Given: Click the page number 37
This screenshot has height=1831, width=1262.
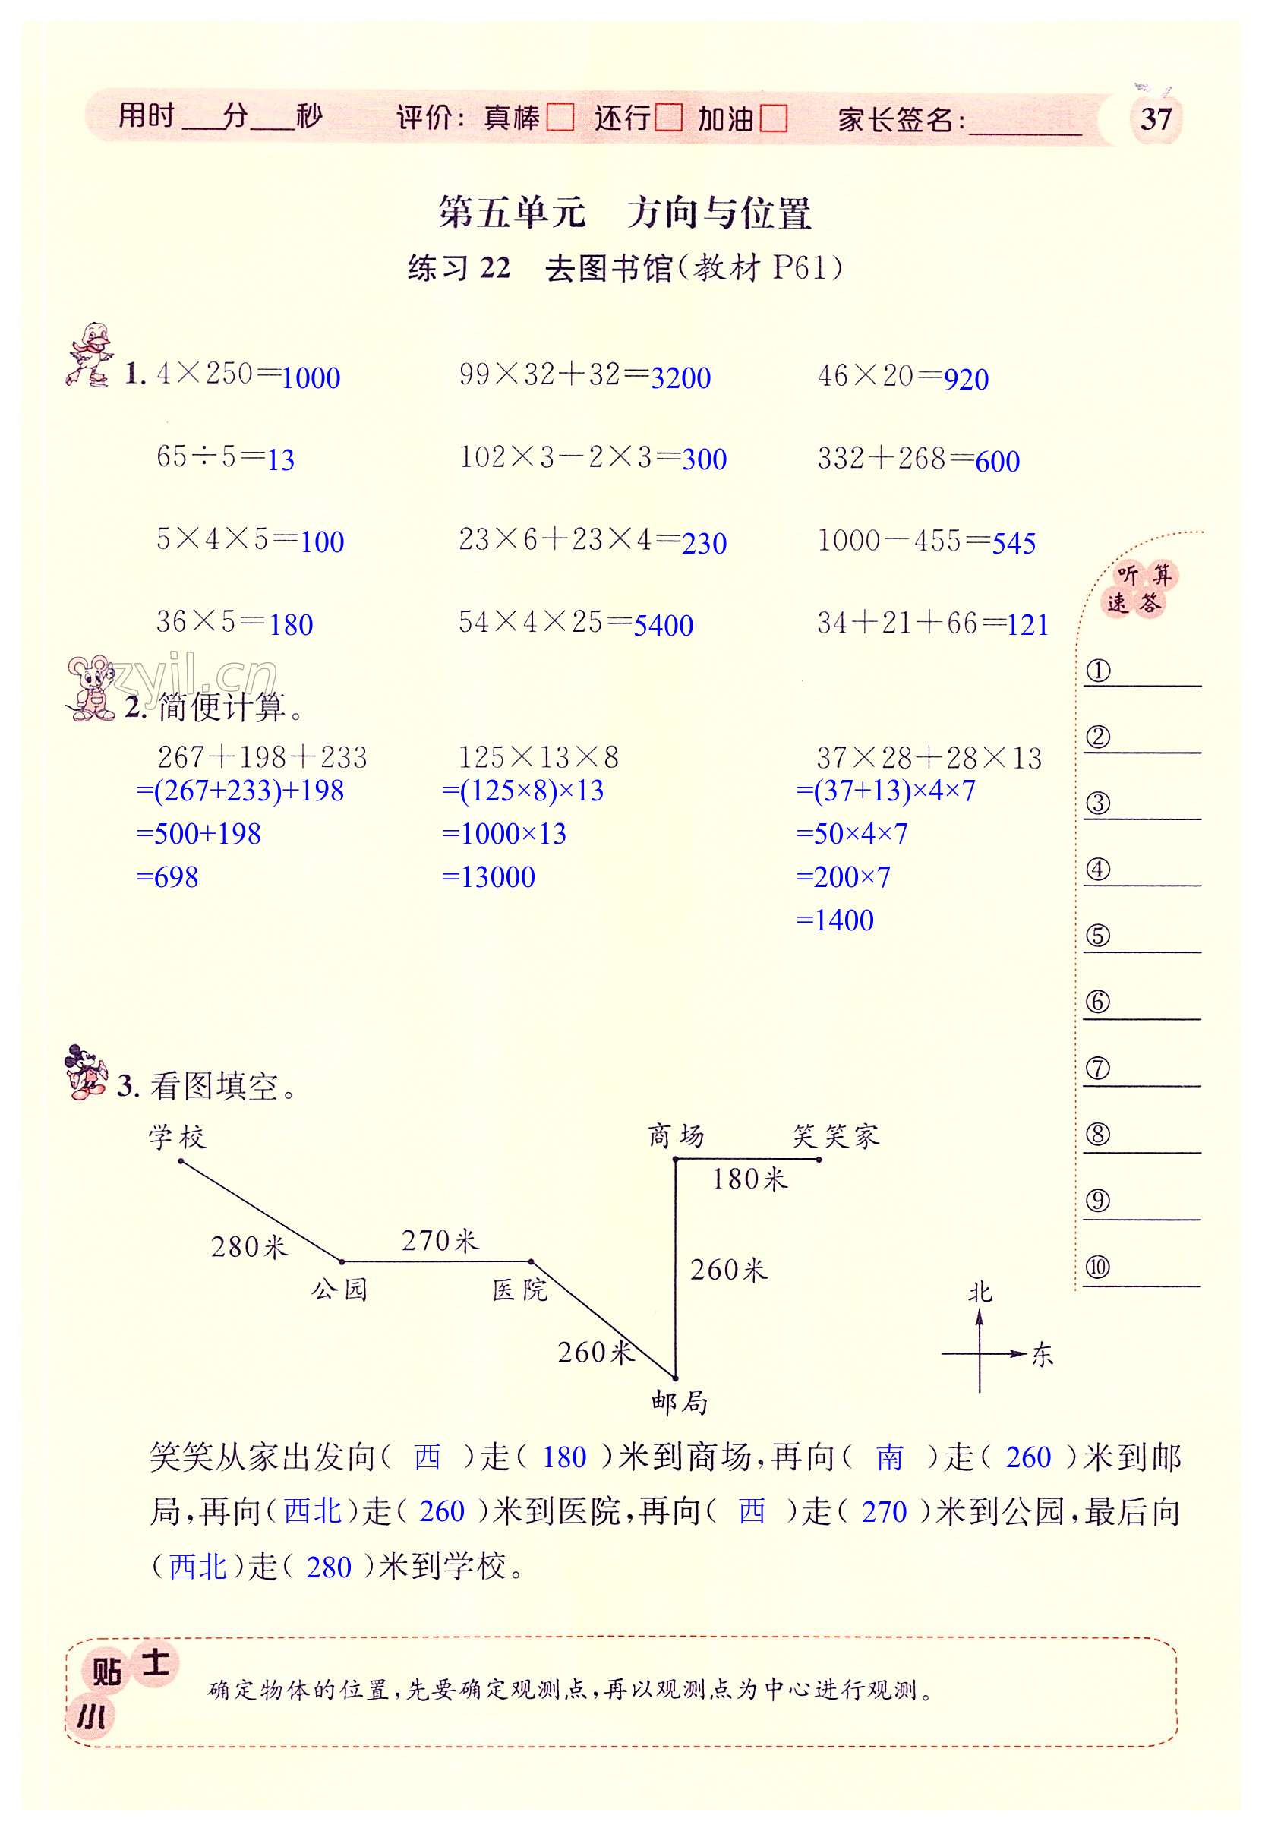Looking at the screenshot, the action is (1155, 120).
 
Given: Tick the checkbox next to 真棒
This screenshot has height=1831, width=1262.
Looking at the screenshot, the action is (560, 118).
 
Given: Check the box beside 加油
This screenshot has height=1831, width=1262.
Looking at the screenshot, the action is (773, 119).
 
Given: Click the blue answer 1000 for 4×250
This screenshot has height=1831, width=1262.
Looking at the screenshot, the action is (311, 378).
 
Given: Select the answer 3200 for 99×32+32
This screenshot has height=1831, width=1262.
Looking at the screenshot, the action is (680, 378).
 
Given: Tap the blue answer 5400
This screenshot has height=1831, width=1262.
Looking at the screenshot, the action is (664, 626).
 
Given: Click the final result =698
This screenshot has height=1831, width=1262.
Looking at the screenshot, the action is (168, 877).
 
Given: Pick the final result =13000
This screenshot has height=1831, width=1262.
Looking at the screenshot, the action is (489, 877).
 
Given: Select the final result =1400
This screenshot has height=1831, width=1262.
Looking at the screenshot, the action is (835, 920).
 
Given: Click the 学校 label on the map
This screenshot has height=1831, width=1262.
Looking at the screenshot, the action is (177, 1138).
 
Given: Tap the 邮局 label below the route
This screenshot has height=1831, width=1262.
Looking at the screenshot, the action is (680, 1403).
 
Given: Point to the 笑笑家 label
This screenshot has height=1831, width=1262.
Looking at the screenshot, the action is (836, 1137).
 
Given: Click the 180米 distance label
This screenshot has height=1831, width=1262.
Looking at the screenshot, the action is (749, 1179).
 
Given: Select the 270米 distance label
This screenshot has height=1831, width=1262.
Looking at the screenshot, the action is (440, 1240).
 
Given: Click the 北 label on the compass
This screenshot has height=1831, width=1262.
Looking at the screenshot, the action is (980, 1293).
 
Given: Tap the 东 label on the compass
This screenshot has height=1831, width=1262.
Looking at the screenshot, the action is (1043, 1355).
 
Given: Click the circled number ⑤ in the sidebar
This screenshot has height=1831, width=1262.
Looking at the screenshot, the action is (1097, 936).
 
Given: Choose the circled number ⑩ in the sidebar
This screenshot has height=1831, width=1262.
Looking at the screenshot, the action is (1097, 1267).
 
